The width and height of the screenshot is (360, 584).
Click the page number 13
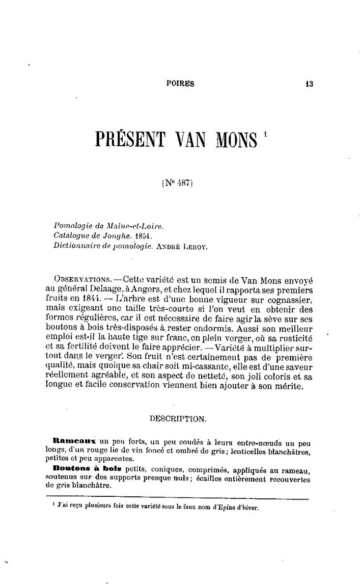(309, 85)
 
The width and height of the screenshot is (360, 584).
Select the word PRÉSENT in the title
(132, 138)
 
